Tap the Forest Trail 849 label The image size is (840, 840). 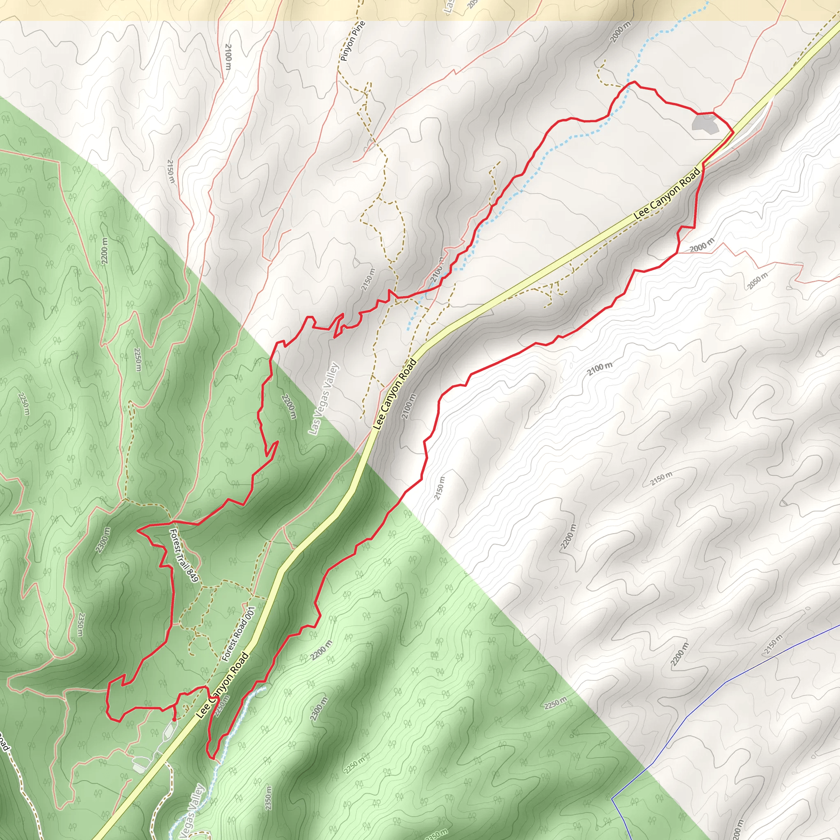[184, 555]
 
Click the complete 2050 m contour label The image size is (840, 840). [758, 281]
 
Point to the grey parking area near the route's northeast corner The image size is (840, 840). [705, 125]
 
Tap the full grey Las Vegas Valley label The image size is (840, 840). [323, 398]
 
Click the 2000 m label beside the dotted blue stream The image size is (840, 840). [620, 32]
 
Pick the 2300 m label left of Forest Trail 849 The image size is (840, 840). [103, 541]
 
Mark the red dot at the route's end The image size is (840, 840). [174, 719]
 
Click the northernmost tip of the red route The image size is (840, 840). [634, 81]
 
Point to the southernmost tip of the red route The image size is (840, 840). [212, 759]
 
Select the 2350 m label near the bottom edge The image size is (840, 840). [268, 797]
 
